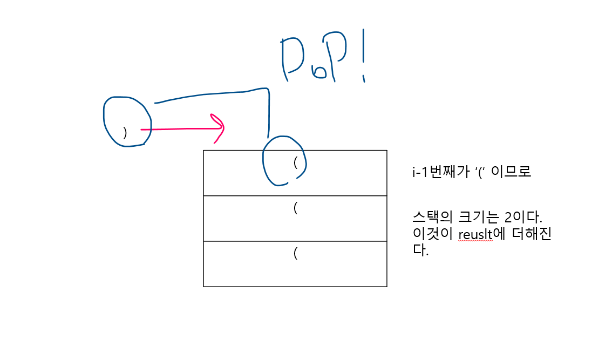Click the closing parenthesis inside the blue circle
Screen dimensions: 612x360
tap(125, 133)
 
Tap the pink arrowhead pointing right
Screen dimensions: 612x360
tap(219, 127)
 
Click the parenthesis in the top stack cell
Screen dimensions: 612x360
tap(296, 162)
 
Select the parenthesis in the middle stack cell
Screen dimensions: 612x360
tap(296, 208)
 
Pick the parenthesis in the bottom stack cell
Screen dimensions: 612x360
tap(296, 253)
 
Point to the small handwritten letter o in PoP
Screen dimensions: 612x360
tap(319, 72)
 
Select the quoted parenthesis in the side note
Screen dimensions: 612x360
tap(477, 172)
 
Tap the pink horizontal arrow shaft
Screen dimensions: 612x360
tap(178, 129)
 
